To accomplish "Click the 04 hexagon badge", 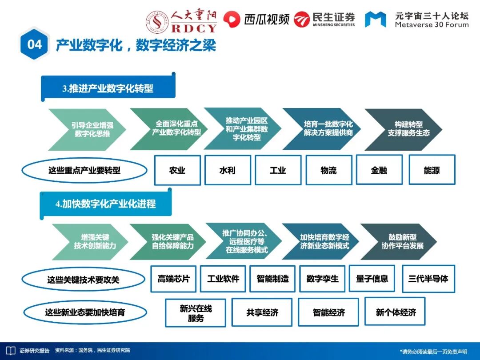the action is (x=35, y=44).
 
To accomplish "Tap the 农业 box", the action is (x=177, y=170).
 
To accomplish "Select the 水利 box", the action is (x=228, y=170).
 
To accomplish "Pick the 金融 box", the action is (x=379, y=170).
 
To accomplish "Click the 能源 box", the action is (x=432, y=170).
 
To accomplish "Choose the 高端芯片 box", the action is (x=173, y=279).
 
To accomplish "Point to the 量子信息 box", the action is (x=372, y=279).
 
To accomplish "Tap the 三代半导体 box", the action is (x=428, y=279).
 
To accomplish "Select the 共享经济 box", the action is (x=262, y=312).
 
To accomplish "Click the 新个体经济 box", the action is (x=396, y=312).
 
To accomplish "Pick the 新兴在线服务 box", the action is (x=196, y=312).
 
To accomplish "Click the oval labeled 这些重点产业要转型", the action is (x=84, y=170).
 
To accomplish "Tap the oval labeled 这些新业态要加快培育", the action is (x=85, y=312).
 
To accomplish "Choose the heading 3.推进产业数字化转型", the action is (x=108, y=88).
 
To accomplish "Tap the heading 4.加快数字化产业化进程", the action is (x=106, y=204).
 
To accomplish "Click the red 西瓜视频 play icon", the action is (x=231, y=19).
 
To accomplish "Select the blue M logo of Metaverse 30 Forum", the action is (x=376, y=19).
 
